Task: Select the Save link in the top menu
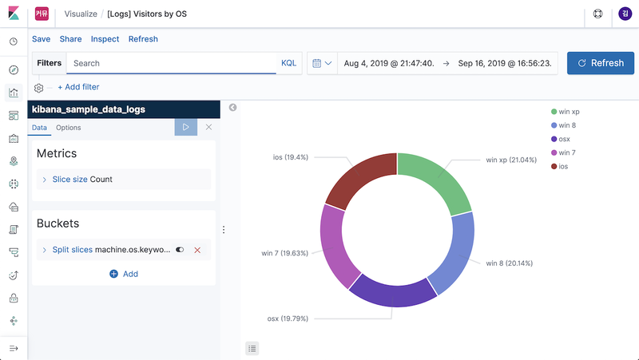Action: (41, 39)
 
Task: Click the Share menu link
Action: (70, 39)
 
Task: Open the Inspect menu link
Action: (105, 39)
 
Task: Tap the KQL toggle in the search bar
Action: (288, 63)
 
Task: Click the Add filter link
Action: (78, 87)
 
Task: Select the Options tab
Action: (68, 128)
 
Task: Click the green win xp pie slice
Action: (439, 180)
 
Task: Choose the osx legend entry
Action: (564, 139)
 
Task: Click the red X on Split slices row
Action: (197, 250)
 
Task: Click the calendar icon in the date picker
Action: (317, 63)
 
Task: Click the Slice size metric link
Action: (69, 180)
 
